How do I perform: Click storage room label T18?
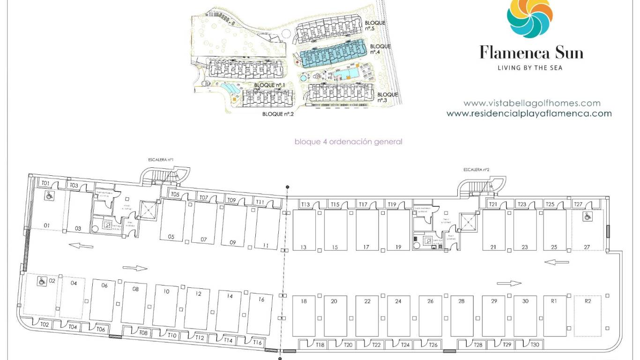(320, 345)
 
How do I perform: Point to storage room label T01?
(45, 183)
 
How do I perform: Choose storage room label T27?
(578, 204)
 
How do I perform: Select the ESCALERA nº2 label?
(476, 170)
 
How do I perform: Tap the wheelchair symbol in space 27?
(586, 217)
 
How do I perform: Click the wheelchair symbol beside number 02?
(41, 281)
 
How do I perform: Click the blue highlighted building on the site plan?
(333, 54)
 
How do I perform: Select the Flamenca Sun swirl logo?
(530, 18)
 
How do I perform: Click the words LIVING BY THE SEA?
(530, 68)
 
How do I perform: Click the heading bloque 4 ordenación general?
(348, 142)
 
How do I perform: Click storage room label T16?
(257, 343)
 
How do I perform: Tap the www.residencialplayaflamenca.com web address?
(529, 113)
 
